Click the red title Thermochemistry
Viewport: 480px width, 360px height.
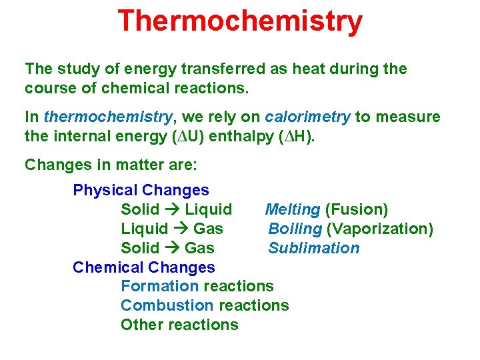coord(240,21)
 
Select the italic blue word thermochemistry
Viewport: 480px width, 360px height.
coord(108,117)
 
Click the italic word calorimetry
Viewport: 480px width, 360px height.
coord(307,117)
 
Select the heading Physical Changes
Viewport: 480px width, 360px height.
coord(141,190)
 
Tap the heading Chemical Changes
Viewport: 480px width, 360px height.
coord(144,267)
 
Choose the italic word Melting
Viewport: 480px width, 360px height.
coord(293,210)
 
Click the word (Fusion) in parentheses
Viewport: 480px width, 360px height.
coord(356,210)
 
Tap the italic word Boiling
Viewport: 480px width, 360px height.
coord(295,229)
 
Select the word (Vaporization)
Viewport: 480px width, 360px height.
coord(380,229)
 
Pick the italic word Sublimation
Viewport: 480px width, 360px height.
coord(314,248)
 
